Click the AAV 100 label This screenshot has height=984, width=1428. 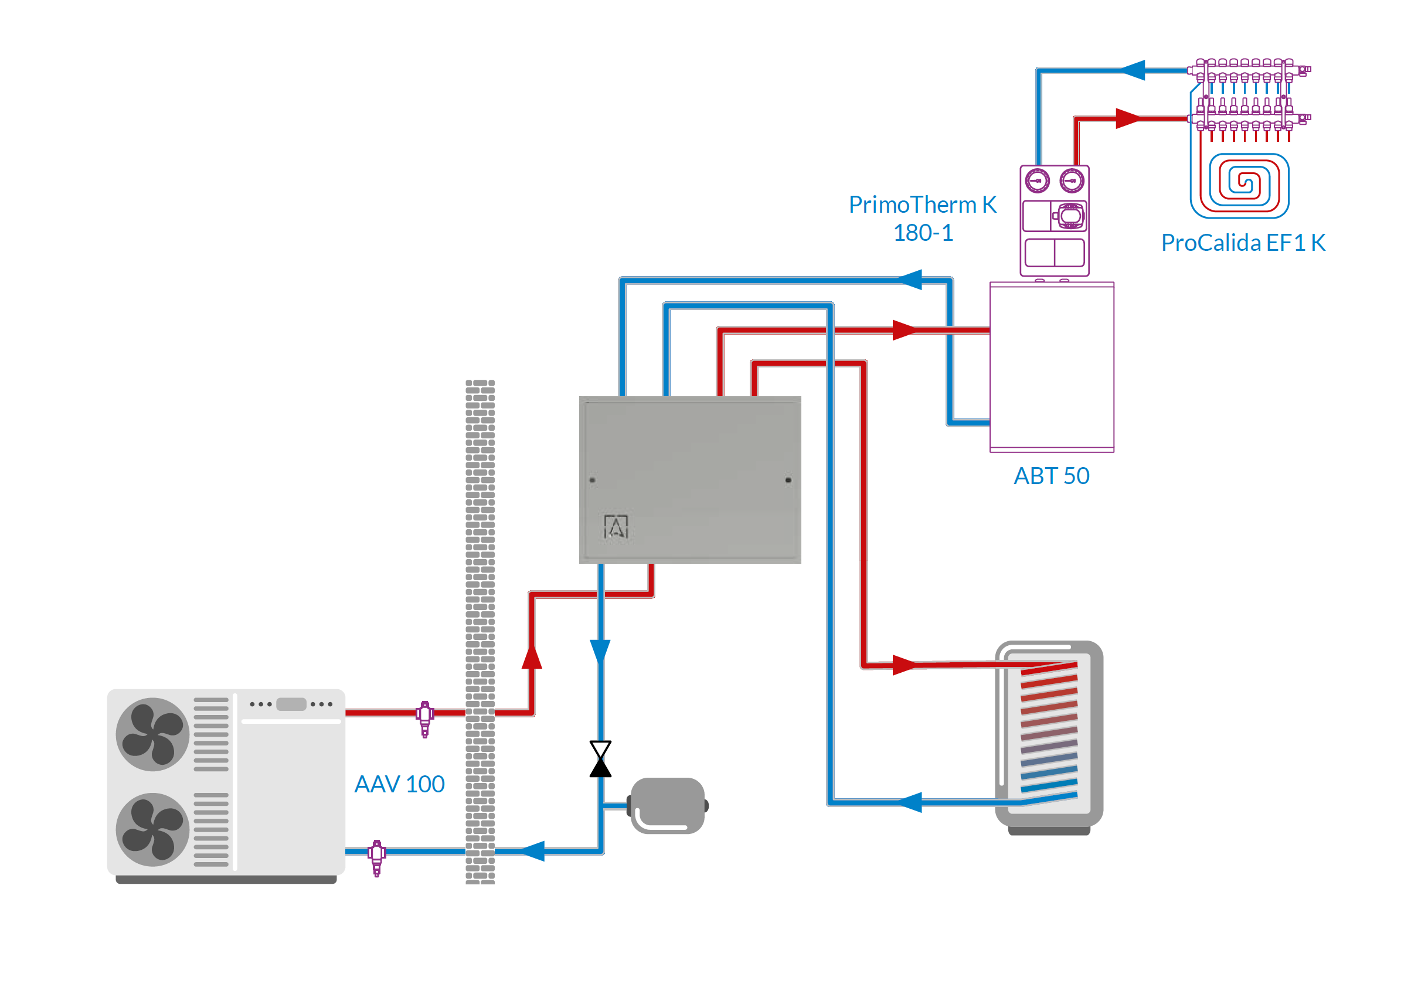pos(400,784)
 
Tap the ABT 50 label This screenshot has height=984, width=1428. pos(1051,476)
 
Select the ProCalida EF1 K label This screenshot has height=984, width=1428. pos(1242,243)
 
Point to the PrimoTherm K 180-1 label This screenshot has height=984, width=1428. pos(923,218)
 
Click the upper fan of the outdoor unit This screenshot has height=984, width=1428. pos(152,734)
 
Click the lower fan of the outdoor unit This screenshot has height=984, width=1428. pos(152,829)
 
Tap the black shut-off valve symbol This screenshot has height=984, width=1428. pos(600,759)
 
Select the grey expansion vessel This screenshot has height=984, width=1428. pos(668,805)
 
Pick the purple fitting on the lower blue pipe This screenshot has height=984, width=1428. pos(377,856)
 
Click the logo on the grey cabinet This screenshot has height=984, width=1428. pos(616,526)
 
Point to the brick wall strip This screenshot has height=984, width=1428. pos(480,631)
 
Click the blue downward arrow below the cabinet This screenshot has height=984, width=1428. pos(600,652)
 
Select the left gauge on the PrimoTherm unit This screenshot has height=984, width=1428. pos(1037,181)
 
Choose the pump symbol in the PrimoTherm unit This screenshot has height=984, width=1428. pos(1071,216)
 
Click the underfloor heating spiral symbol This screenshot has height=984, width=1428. pos(1240,183)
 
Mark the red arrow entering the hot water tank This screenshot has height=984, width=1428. pos(905,665)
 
